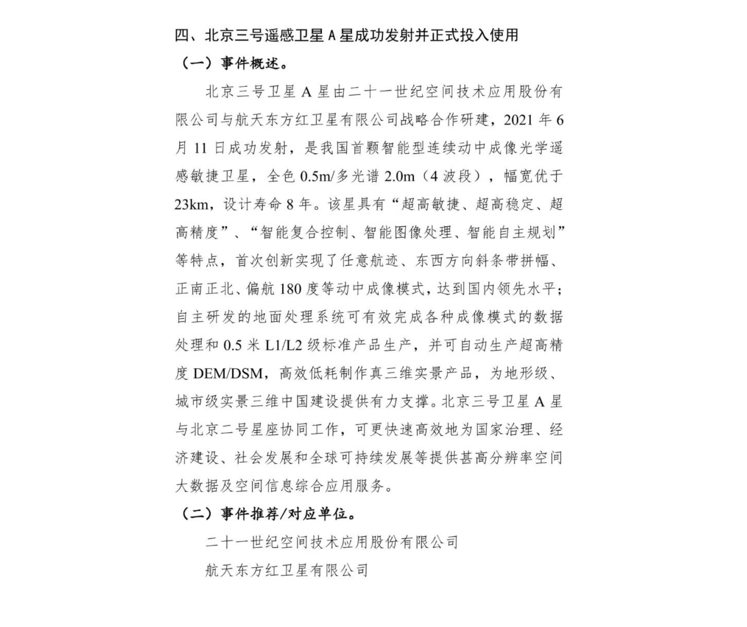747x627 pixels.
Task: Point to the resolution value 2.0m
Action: click(399, 177)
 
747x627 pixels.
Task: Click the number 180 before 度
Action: click(290, 289)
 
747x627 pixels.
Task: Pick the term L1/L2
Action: click(284, 345)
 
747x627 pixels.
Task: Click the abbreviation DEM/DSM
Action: click(228, 374)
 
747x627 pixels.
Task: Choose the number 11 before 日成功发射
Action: click(200, 148)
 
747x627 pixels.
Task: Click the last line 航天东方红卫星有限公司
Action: click(287, 570)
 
